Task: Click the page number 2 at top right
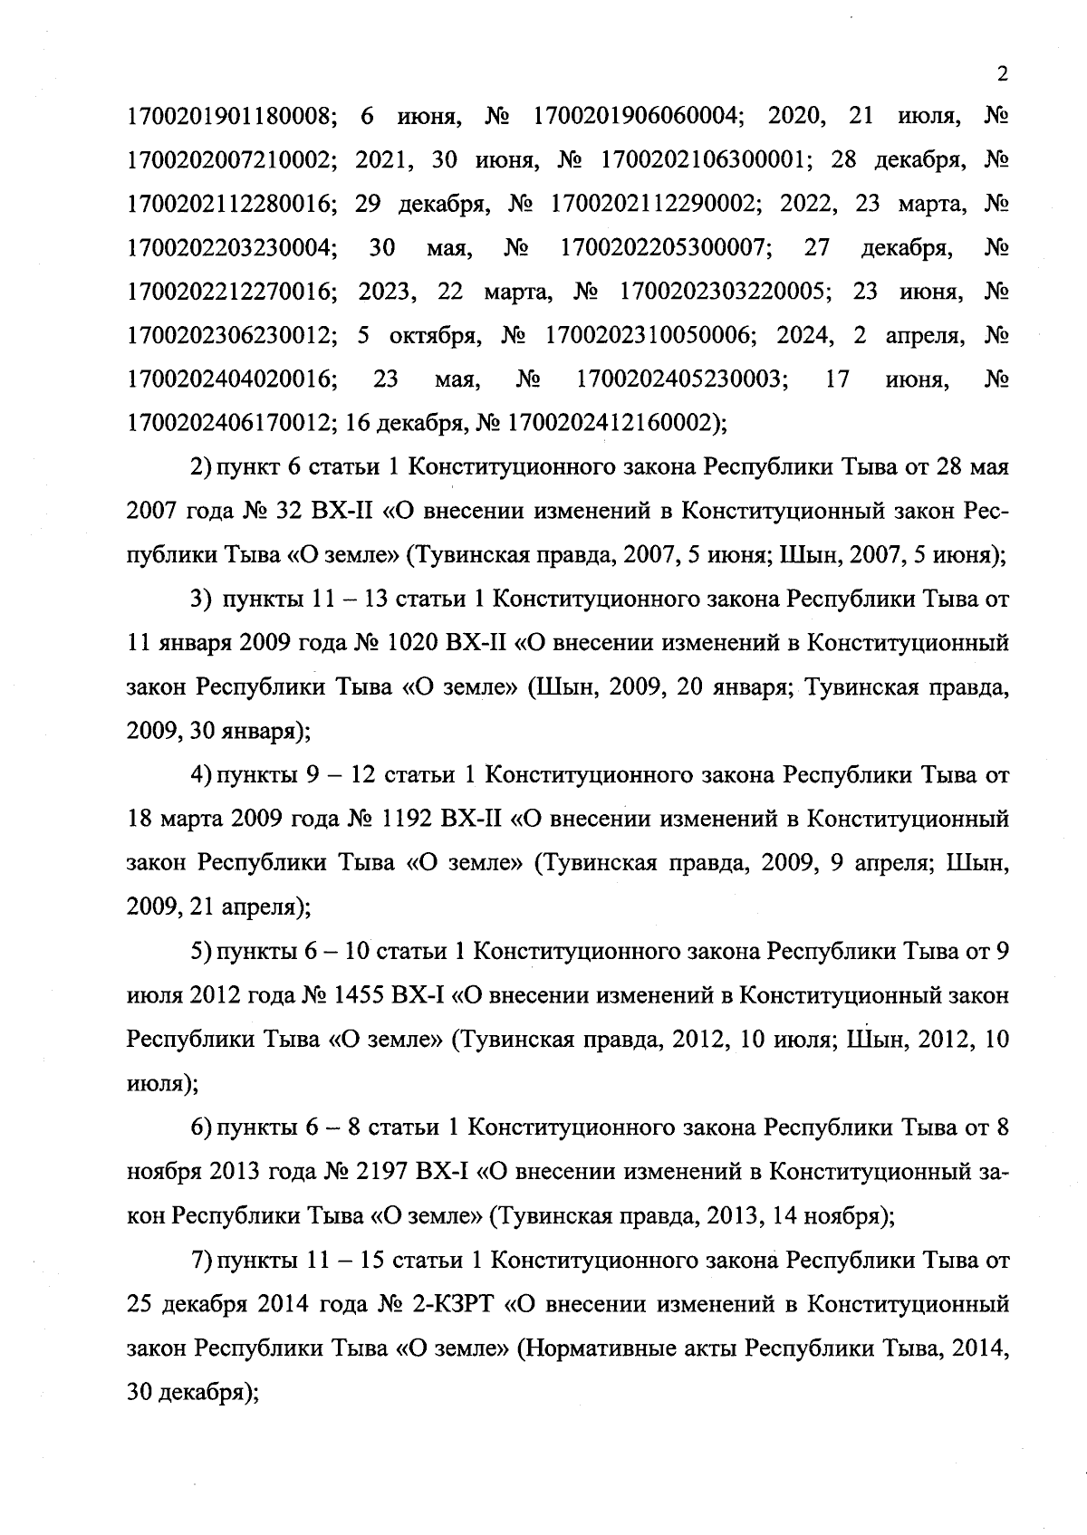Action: [1001, 75]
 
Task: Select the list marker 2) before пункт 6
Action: [200, 467]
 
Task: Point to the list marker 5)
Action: [200, 952]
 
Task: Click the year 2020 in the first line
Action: [794, 116]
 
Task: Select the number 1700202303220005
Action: [723, 292]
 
